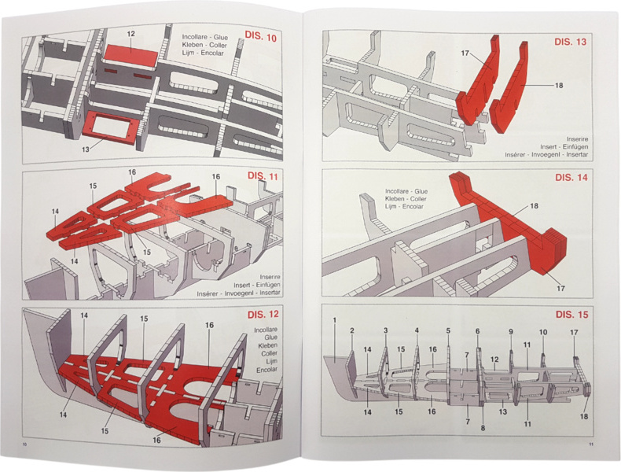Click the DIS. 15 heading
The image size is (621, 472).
pos(571,315)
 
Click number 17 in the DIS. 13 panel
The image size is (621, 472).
pos(465,53)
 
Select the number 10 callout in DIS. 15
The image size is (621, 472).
pos(542,333)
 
